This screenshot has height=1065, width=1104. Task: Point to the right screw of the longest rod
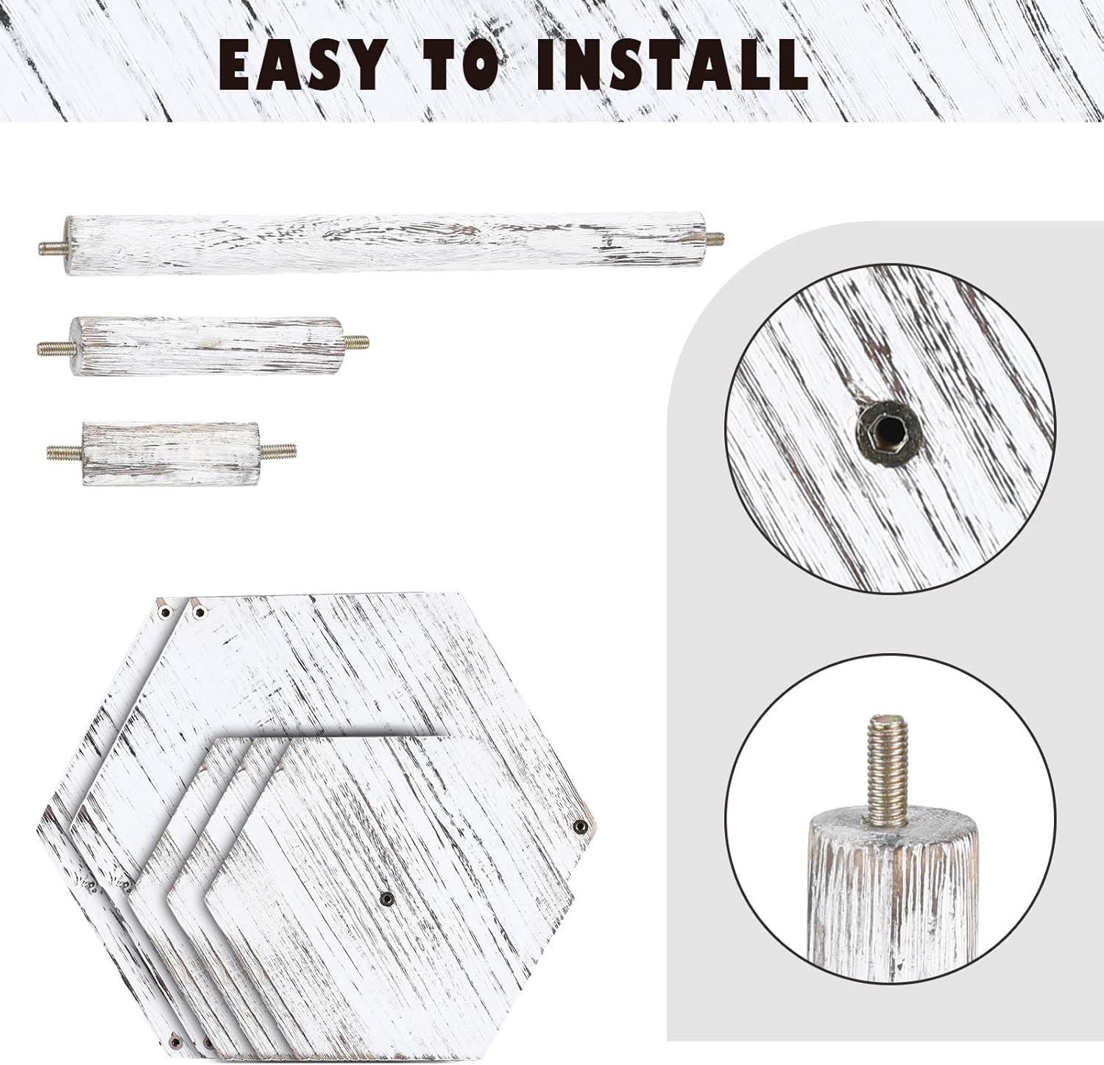point(715,238)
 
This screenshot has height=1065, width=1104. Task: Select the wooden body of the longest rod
point(385,242)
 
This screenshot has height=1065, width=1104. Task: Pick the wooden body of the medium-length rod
point(206,345)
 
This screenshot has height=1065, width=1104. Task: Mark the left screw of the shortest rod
point(65,450)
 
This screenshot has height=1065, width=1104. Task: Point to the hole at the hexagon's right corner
point(579,827)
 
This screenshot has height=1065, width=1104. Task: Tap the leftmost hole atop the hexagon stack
point(163,611)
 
